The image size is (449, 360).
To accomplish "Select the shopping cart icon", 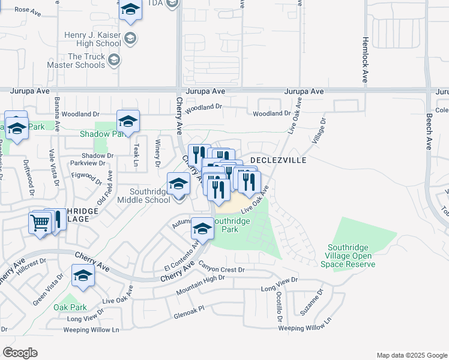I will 40,223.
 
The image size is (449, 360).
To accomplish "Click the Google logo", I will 20,353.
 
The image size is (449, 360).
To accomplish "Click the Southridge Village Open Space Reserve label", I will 352,256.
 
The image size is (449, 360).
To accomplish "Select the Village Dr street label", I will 319,130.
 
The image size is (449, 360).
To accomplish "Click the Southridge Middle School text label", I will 144,196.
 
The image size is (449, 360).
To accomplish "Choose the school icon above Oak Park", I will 83,275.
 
